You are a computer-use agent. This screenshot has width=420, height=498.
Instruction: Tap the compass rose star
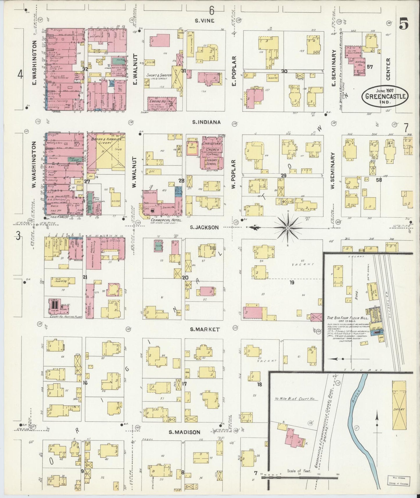288,228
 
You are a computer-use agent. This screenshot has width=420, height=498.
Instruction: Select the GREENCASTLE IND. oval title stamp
385,97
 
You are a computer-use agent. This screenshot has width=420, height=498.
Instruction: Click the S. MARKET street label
205,329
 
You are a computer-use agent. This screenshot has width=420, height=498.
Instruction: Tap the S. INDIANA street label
206,122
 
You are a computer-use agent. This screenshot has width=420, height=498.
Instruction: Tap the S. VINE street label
204,20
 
